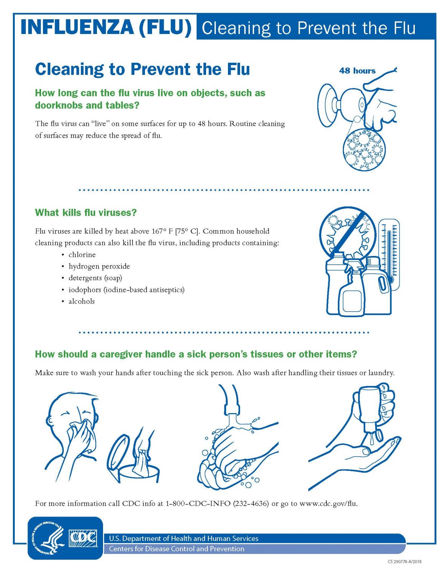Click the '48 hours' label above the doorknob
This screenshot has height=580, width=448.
357,71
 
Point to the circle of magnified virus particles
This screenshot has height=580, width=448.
364,150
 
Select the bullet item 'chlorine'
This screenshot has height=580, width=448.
82,255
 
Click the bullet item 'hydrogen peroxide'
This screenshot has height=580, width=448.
99,267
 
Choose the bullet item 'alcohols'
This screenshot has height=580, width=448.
82,302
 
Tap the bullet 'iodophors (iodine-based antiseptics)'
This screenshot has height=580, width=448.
126,290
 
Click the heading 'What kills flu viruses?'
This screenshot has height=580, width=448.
86,213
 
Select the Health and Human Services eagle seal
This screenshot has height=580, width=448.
47,538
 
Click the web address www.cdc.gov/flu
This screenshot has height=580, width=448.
328,504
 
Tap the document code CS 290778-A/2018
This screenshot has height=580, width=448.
404,562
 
